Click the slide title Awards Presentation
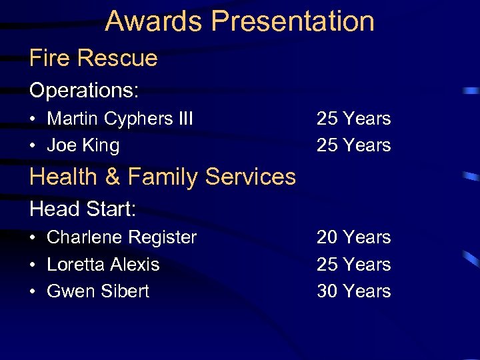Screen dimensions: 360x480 pyautogui.click(x=239, y=21)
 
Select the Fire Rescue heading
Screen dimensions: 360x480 pyautogui.click(x=93, y=58)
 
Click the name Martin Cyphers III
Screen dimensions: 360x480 pyautogui.click(x=120, y=119)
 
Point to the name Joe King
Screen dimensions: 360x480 pyautogui.click(x=83, y=145)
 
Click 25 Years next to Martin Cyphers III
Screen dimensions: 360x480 pyautogui.click(x=353, y=119)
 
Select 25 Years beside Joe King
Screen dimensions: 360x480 pyautogui.click(x=353, y=145)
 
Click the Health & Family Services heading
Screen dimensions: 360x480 pyautogui.click(x=163, y=177)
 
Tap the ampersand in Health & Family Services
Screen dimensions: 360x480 pyautogui.click(x=111, y=177)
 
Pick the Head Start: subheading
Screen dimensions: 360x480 pyautogui.click(x=83, y=209)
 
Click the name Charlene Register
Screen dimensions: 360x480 pyautogui.click(x=122, y=237)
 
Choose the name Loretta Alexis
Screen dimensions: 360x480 pyautogui.click(x=103, y=265)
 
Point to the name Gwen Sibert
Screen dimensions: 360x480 pyautogui.click(x=98, y=291)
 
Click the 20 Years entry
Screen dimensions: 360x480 pyautogui.click(x=353, y=237)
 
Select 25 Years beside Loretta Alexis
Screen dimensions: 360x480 pyautogui.click(x=353, y=265)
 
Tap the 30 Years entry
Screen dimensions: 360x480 pyautogui.click(x=353, y=291)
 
